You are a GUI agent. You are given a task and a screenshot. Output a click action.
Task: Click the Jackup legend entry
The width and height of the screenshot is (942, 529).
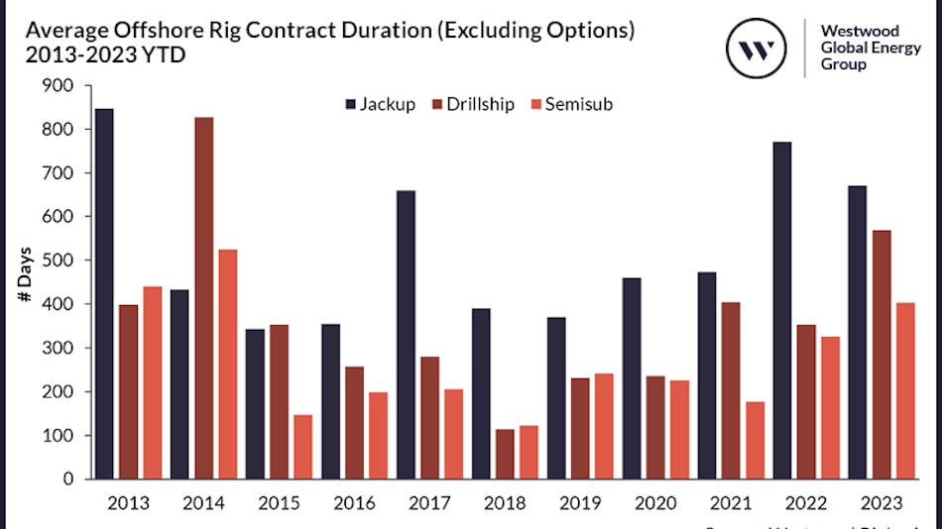pyautogui.click(x=380, y=104)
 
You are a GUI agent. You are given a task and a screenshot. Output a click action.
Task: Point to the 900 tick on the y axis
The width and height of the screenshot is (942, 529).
pyautogui.click(x=59, y=86)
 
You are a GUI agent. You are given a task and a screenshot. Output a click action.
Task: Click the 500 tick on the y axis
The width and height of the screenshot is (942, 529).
pyautogui.click(x=59, y=261)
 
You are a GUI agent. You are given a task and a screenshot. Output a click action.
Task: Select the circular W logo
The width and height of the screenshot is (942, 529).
pyautogui.click(x=758, y=45)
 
